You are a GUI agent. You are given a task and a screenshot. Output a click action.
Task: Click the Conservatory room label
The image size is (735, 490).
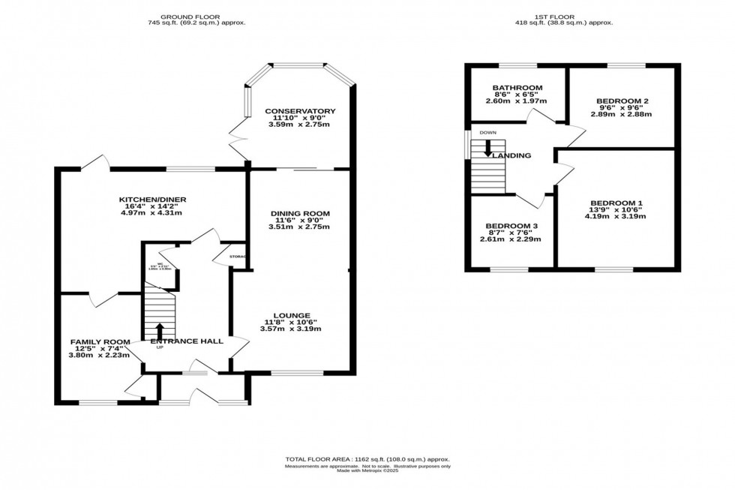[x=300, y=111]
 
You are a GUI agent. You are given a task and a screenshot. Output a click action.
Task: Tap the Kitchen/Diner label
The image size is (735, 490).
[x=152, y=200]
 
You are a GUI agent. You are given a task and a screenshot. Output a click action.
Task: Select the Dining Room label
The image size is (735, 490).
[x=300, y=213]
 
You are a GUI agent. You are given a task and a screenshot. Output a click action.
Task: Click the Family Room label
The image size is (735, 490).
[x=100, y=342]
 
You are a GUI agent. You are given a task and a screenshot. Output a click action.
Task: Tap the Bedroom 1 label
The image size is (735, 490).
[x=616, y=203]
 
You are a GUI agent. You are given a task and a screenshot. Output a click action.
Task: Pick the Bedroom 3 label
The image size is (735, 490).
[x=511, y=226]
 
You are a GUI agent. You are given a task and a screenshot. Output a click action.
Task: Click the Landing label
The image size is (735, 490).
[x=512, y=156]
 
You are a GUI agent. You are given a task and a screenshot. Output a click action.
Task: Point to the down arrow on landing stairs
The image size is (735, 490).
[x=488, y=149]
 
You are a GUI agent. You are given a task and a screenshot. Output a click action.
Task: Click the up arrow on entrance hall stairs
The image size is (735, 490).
[x=159, y=330]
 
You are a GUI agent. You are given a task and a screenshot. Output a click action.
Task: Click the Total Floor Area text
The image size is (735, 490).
[x=367, y=458]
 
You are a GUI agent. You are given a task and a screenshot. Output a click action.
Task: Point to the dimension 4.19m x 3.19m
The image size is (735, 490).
[x=616, y=216]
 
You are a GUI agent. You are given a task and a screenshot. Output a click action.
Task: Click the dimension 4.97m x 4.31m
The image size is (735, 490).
[x=152, y=213]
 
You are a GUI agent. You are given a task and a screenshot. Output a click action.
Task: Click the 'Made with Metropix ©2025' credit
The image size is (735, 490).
[x=367, y=471]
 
